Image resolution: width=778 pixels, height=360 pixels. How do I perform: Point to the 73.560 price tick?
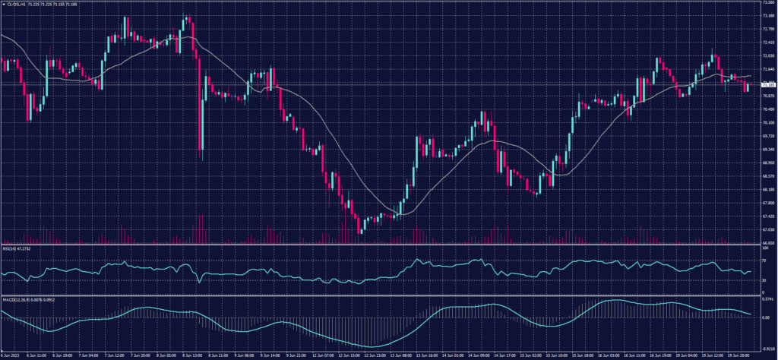pyautogui.click(x=767, y=3)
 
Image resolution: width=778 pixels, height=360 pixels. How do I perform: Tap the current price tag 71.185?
pyautogui.click(x=767, y=84)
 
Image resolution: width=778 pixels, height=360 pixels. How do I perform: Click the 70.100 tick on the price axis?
pyautogui.click(x=767, y=122)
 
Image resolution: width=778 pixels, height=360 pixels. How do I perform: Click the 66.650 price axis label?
pyautogui.click(x=767, y=243)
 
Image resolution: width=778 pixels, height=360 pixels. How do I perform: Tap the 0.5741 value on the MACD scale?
pyautogui.click(x=767, y=299)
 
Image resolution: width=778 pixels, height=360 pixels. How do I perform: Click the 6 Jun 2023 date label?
pyautogui.click(x=10, y=355)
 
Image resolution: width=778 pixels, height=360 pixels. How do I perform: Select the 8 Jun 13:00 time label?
pyautogui.click(x=191, y=355)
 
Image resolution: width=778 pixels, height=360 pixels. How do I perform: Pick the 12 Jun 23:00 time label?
pyautogui.click(x=372, y=355)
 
